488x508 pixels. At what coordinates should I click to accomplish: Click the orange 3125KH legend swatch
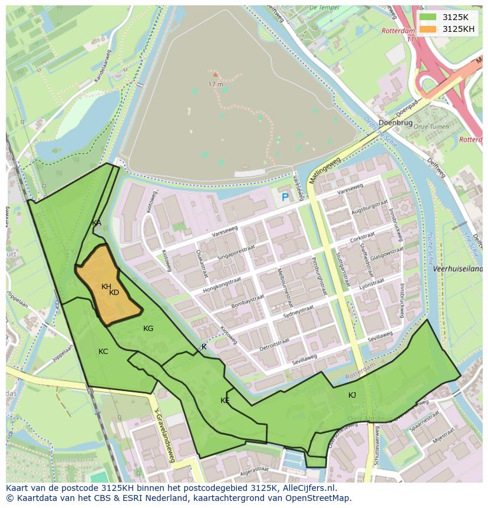point(428,29)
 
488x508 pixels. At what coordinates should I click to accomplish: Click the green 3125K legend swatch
point(428,17)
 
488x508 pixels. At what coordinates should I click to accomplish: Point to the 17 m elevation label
point(216,84)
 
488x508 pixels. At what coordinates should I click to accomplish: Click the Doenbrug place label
point(395,122)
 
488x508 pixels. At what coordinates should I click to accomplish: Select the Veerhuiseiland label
point(458,268)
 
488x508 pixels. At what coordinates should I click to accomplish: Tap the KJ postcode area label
point(352,395)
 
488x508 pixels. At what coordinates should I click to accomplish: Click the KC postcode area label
point(103,352)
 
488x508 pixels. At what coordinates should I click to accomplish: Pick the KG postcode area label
point(148,329)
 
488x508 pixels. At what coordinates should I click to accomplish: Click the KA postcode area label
point(97,223)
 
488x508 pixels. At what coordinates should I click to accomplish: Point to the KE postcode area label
point(225,401)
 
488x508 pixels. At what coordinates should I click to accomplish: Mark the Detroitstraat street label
point(273,344)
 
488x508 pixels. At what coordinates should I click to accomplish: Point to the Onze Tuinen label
point(430,126)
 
